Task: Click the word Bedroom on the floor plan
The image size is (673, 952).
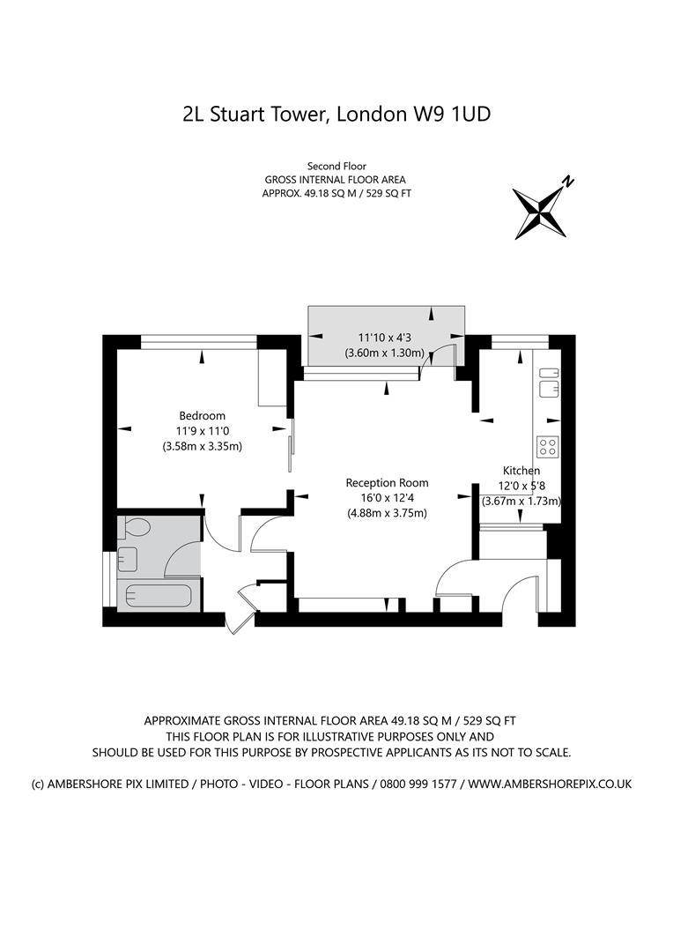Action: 202,415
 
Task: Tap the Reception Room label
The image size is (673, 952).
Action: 387,482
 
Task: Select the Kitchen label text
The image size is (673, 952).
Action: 521,471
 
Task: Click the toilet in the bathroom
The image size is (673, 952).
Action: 136,529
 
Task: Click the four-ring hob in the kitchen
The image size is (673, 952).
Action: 548,447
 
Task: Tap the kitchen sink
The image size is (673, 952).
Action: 549,379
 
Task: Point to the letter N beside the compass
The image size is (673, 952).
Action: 569,182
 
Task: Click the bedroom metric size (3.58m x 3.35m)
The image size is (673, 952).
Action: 202,446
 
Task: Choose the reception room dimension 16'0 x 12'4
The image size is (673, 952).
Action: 387,498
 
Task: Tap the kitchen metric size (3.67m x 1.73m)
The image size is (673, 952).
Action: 521,501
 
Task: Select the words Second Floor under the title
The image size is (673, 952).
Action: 336,166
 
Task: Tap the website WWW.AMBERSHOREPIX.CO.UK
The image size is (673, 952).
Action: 550,784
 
